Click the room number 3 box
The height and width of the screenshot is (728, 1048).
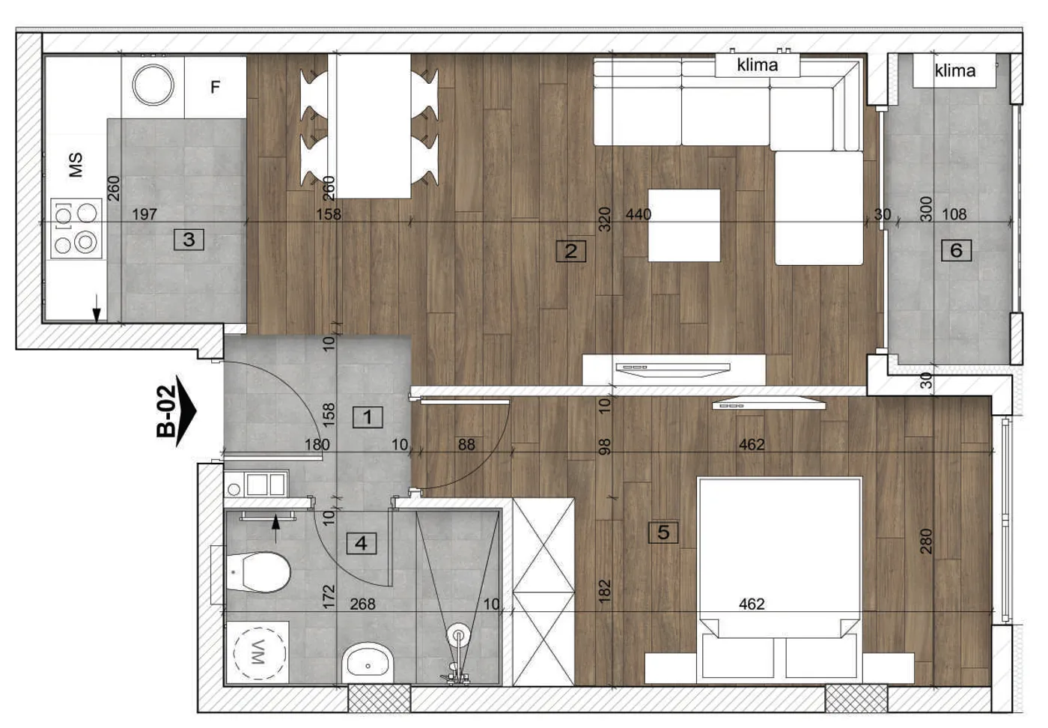click(x=189, y=239)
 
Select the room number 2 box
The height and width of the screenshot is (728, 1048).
click(x=570, y=251)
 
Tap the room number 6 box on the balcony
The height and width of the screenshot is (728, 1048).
click(x=957, y=250)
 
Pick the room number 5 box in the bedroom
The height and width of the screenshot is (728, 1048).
click(x=663, y=533)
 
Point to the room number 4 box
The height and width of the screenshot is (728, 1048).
click(x=361, y=544)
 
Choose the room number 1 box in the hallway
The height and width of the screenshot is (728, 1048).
click(x=368, y=417)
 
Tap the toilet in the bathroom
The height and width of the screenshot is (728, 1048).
click(x=255, y=571)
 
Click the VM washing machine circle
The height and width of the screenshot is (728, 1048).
click(x=259, y=652)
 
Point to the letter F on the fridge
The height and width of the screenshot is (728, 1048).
click(x=216, y=87)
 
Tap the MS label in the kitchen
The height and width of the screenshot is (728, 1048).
click(x=76, y=165)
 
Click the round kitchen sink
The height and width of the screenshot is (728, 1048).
click(x=153, y=85)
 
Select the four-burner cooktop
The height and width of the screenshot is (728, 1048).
click(x=76, y=228)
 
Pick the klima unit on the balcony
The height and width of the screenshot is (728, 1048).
click(x=954, y=70)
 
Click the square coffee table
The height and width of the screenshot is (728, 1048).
click(x=684, y=225)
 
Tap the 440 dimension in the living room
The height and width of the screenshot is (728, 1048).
click(x=639, y=214)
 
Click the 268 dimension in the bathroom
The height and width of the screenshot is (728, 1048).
click(x=362, y=604)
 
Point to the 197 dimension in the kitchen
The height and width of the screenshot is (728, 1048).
click(x=144, y=214)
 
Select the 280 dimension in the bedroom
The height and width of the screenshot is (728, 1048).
click(x=927, y=542)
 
